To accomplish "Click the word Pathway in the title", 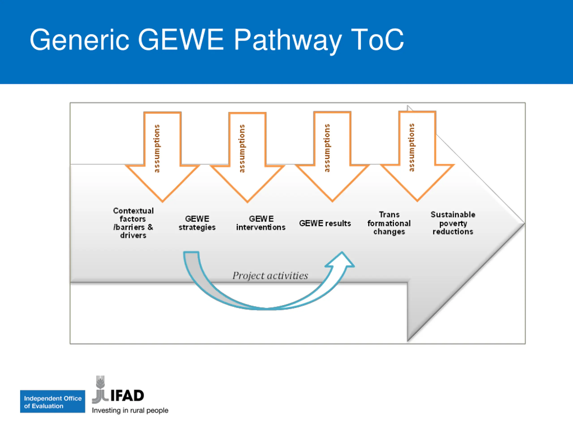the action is click(x=288, y=40).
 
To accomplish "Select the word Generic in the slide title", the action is click(x=79, y=40).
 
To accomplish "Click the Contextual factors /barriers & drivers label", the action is click(x=133, y=223).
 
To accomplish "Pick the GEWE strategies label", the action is click(x=197, y=223).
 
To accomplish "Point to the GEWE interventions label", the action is click(x=261, y=223).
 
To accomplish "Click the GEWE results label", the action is click(x=325, y=223).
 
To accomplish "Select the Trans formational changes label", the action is click(x=389, y=223).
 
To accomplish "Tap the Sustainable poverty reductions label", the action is click(x=453, y=223).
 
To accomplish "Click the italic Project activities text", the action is click(x=270, y=275).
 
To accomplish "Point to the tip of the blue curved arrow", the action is click(x=342, y=252).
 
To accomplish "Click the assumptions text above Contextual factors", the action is click(x=157, y=148).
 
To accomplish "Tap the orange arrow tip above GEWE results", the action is click(x=332, y=201).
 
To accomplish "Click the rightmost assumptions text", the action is click(x=411, y=148).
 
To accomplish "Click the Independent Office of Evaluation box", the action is click(x=53, y=402).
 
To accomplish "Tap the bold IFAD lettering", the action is click(x=127, y=396).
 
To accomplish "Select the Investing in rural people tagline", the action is click(x=130, y=411).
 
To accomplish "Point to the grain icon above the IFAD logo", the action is click(x=100, y=382).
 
